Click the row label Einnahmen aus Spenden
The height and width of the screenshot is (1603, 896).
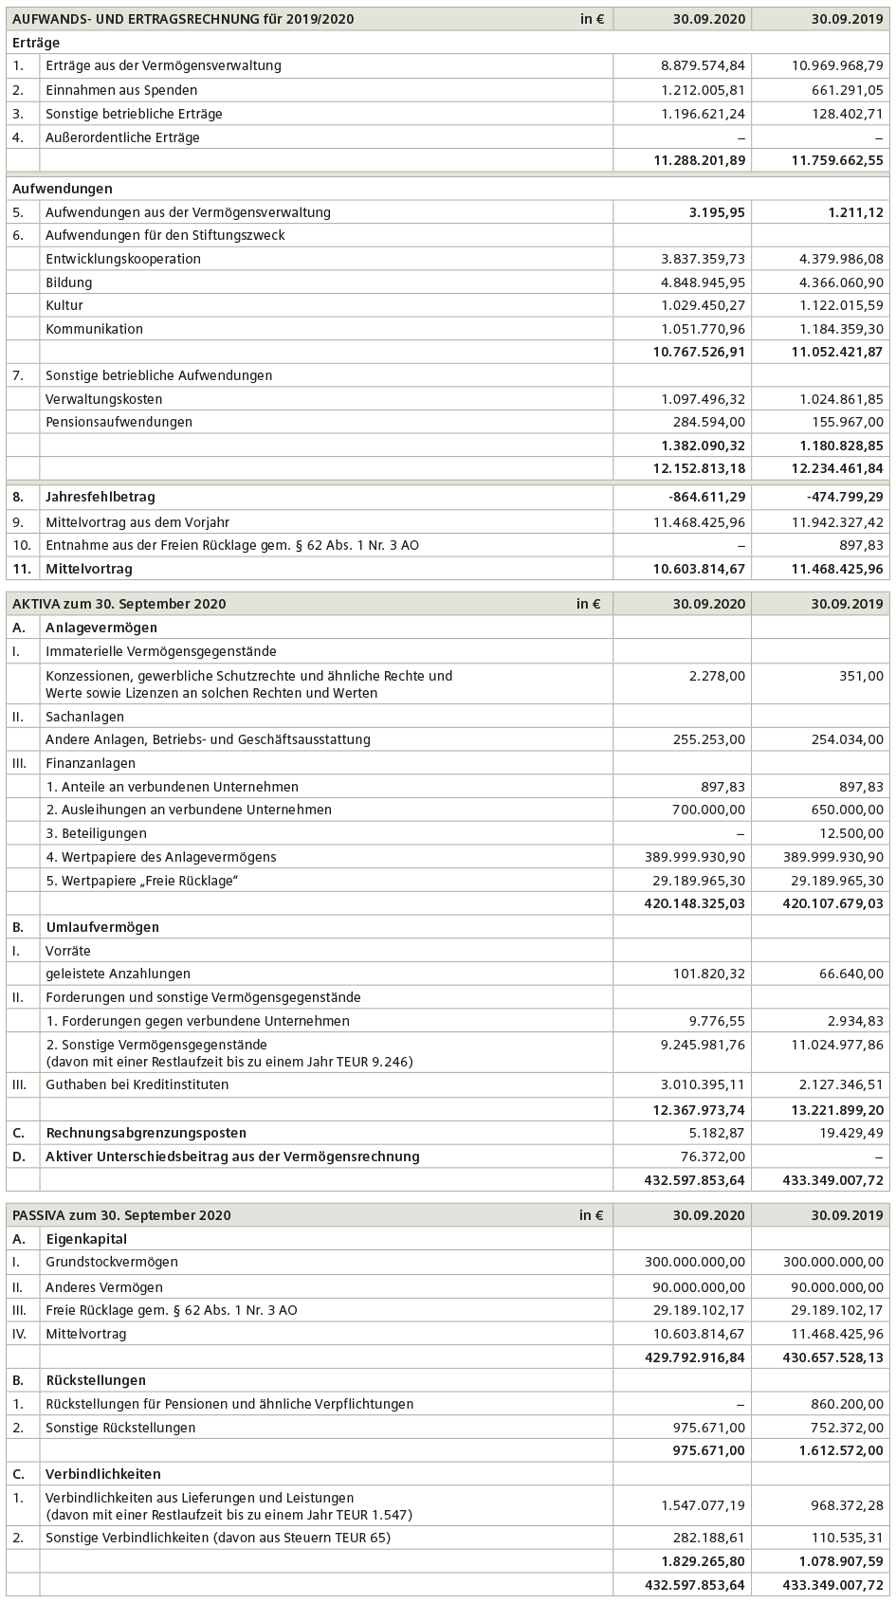tap(121, 90)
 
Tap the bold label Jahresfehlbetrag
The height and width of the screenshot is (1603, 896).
tap(100, 497)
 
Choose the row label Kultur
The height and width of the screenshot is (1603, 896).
tap(64, 305)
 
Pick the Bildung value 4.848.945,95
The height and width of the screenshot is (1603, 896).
tap(703, 282)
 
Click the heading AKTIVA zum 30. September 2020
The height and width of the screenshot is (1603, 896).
tap(119, 604)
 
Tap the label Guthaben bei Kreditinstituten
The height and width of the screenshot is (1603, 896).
tap(137, 1084)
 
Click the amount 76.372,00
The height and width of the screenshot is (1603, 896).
tap(713, 1157)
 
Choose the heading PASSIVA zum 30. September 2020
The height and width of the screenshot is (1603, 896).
tap(121, 1215)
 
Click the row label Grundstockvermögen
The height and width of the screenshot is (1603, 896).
tap(111, 1262)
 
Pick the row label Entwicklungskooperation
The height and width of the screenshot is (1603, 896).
tap(122, 259)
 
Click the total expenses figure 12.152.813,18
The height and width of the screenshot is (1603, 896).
tap(699, 468)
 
